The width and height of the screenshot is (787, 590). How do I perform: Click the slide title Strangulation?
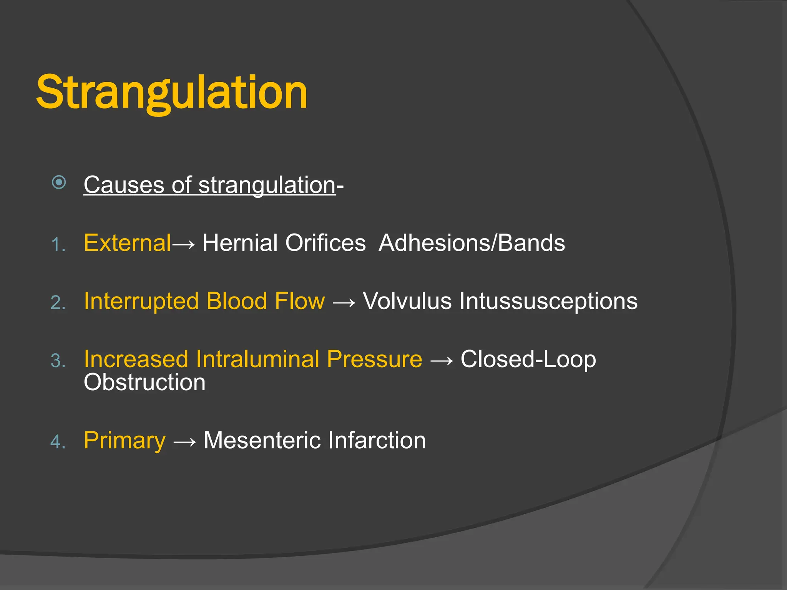pyautogui.click(x=171, y=92)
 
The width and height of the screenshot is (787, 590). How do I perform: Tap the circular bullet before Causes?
pyautogui.click(x=59, y=182)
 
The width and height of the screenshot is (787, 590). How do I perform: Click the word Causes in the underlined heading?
pyautogui.click(x=124, y=185)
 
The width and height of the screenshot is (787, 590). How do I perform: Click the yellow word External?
pyautogui.click(x=127, y=243)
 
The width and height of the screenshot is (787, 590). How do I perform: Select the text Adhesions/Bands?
pyautogui.click(x=472, y=243)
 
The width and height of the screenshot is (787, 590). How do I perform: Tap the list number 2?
pyautogui.click(x=58, y=303)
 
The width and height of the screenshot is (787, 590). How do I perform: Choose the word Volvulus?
pyautogui.click(x=407, y=301)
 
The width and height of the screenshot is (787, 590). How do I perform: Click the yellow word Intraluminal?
pyautogui.click(x=257, y=359)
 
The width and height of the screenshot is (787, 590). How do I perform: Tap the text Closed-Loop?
pyautogui.click(x=528, y=359)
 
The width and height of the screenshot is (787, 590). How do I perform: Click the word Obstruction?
pyautogui.click(x=144, y=383)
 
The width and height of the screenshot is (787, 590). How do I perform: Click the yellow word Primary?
pyautogui.click(x=125, y=441)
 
